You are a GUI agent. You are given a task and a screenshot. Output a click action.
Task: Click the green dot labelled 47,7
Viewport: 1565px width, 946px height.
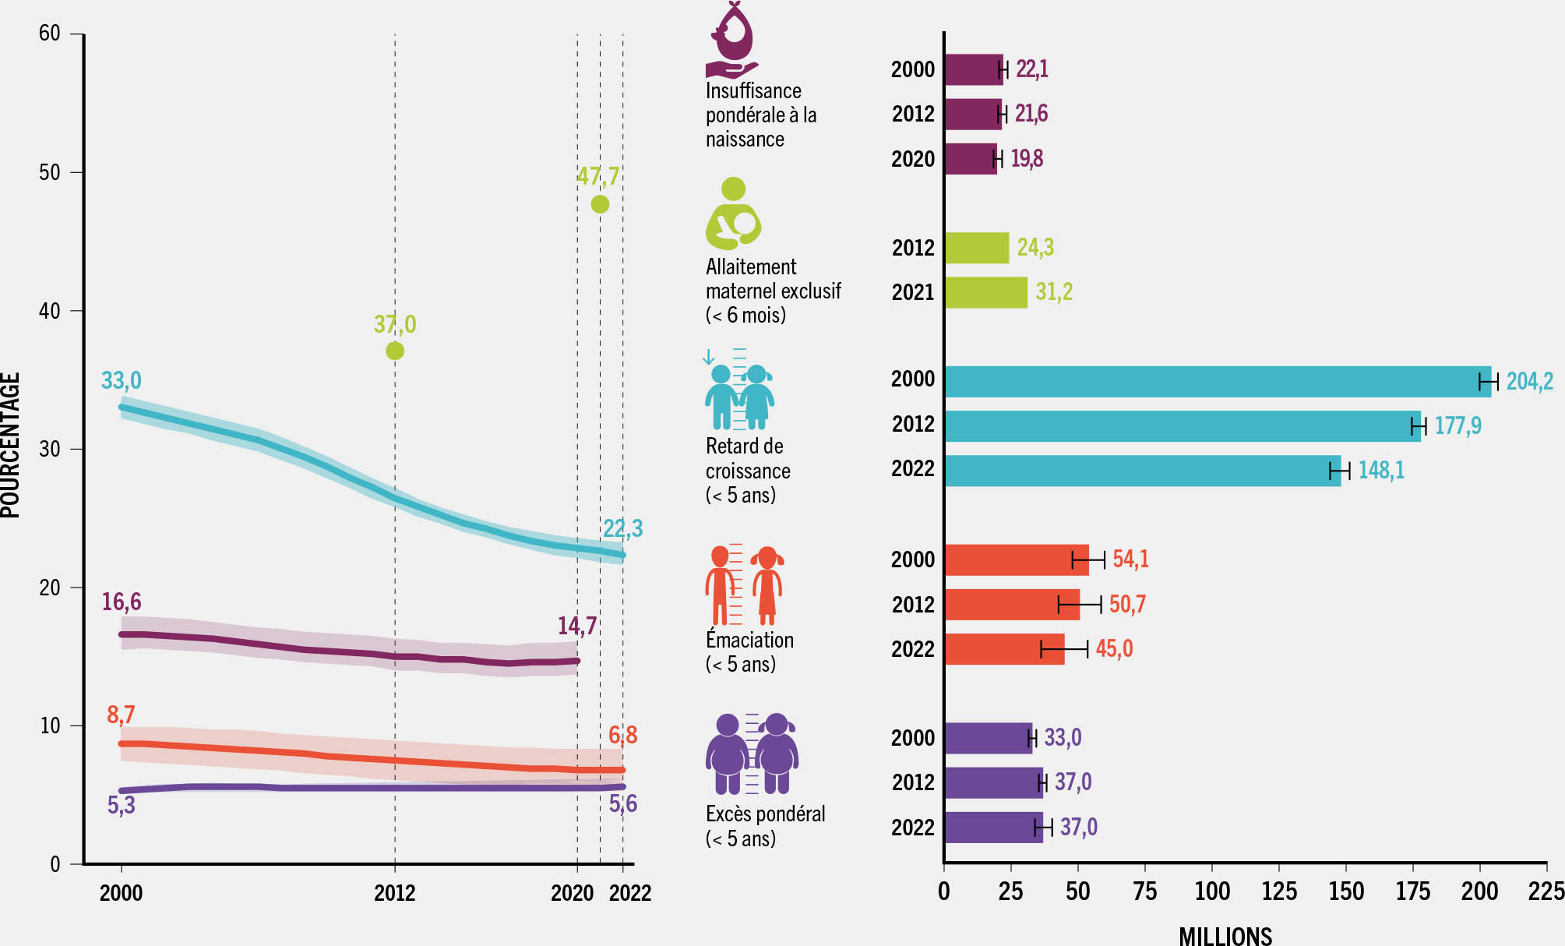(x=600, y=204)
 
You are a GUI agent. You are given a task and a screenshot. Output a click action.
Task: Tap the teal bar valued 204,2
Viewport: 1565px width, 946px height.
(x=1217, y=382)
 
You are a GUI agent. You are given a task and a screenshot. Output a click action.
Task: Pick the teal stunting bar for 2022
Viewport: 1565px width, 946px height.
(x=1142, y=471)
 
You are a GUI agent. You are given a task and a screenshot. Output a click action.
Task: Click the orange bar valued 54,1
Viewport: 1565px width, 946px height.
(x=1016, y=559)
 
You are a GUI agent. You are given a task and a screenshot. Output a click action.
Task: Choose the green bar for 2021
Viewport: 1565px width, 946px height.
(x=985, y=292)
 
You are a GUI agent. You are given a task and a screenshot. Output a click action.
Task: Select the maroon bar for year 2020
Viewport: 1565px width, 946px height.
(x=970, y=159)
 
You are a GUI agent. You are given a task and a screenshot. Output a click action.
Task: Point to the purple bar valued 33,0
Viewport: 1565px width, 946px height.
(x=988, y=738)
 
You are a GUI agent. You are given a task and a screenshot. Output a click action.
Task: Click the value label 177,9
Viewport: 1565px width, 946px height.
(x=1457, y=426)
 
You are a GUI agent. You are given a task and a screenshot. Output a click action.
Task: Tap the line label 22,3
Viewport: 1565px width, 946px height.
(x=622, y=529)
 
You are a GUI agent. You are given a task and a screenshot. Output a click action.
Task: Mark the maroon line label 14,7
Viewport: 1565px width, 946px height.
(x=576, y=626)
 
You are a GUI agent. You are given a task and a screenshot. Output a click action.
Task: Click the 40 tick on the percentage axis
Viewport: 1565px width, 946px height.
(x=50, y=311)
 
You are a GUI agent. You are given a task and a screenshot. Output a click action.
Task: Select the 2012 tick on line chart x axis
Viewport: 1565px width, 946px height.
(x=394, y=893)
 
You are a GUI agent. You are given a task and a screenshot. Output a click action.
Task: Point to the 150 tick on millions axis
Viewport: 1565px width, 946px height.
(x=1345, y=891)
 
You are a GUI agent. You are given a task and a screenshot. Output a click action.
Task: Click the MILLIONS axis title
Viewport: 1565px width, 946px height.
(x=1225, y=935)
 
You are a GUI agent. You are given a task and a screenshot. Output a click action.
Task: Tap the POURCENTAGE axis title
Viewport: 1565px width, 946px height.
(x=11, y=445)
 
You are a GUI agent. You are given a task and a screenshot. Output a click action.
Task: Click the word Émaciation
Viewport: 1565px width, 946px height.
(x=749, y=640)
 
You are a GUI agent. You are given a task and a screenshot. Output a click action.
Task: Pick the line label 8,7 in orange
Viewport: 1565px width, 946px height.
(x=121, y=715)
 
